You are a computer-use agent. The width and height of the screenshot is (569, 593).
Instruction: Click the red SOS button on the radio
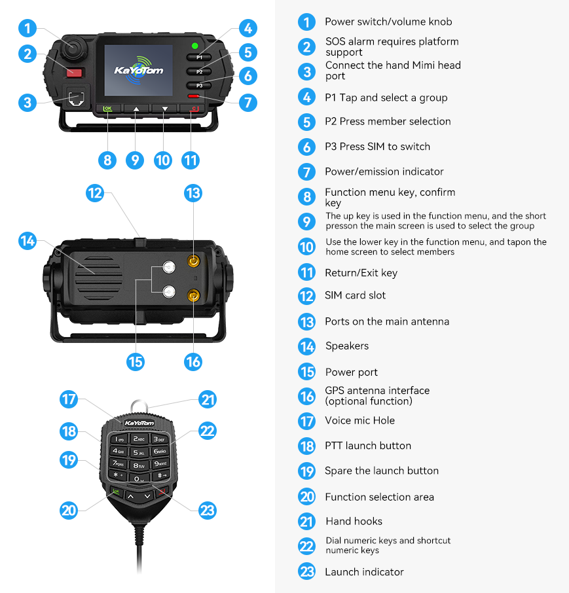(75, 72)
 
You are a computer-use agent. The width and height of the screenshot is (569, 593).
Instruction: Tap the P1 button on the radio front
(199, 58)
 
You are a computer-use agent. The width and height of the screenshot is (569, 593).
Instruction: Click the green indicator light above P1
(195, 46)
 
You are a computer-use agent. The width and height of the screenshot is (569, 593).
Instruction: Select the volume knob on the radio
(73, 48)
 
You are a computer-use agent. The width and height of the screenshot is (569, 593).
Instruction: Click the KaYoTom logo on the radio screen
(138, 69)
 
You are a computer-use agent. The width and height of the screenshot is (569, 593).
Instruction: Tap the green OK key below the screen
(108, 109)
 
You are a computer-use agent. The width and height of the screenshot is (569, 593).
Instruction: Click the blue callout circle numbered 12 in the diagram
(94, 193)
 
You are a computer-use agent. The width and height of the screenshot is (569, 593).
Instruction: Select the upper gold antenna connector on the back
(193, 261)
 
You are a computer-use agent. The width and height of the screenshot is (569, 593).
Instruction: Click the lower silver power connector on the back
(169, 291)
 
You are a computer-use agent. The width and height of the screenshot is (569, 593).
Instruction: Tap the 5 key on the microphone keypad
(138, 452)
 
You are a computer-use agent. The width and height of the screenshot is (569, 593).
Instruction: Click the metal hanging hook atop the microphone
(139, 407)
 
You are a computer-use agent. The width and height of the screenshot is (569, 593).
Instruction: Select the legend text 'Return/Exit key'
(361, 273)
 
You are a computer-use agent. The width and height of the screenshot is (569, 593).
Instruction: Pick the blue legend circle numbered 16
(307, 397)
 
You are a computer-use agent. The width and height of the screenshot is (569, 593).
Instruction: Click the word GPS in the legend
(335, 390)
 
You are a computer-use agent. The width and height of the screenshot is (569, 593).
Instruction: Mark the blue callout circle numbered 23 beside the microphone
(208, 510)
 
